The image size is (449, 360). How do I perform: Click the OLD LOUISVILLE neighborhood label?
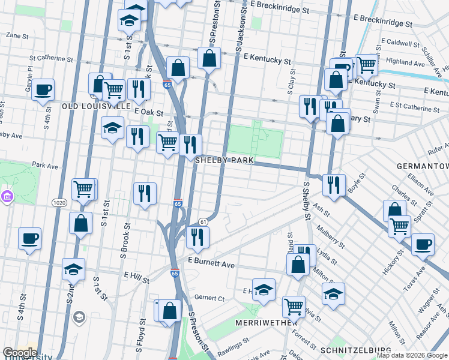click(96, 106)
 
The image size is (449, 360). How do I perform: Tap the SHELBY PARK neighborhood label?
click(224, 161)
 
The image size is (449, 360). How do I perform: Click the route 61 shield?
click(203, 222)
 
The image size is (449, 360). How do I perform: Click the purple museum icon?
click(7, 196)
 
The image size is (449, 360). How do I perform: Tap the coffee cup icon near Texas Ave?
click(423, 244)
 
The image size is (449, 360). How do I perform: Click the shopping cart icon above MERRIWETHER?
click(294, 305)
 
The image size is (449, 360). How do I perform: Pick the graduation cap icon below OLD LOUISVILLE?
click(112, 128)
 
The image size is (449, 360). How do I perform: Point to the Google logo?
click(19, 353)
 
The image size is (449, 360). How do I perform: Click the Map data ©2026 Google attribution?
click(411, 355)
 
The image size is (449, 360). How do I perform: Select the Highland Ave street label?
click(407, 62)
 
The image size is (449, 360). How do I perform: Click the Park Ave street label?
click(43, 164)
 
